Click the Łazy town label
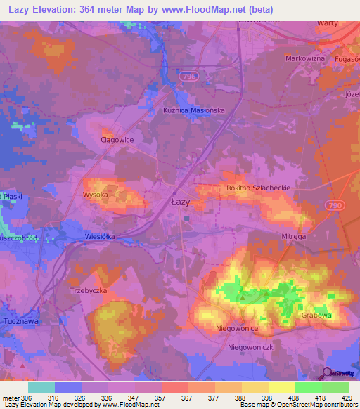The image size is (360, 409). tap(181, 202)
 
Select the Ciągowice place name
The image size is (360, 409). tap(117, 139)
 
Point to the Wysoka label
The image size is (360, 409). tap(94, 194)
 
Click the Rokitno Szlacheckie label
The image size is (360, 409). tap(258, 188)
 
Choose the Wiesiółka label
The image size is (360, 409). tap(99, 237)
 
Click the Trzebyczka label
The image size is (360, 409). tap(87, 290)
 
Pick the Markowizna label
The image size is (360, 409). tap(305, 58)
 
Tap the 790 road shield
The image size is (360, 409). tap(335, 204)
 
